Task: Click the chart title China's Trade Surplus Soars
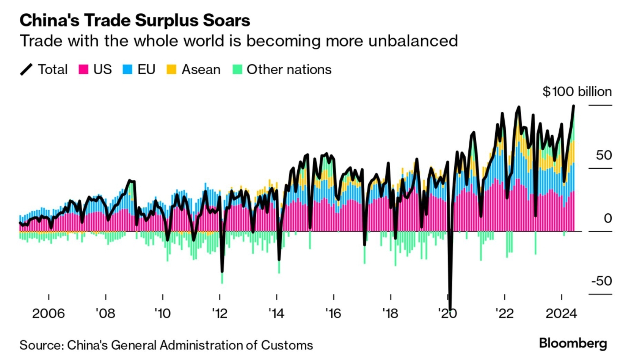[135, 20]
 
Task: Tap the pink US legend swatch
[83, 70]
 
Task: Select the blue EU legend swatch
[128, 70]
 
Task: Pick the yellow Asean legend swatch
[172, 70]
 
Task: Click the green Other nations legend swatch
[237, 70]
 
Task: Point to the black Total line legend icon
[26, 70]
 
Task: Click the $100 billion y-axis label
[577, 92]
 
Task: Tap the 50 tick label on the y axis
[604, 155]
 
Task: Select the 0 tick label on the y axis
[608, 218]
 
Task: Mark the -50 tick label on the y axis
[601, 281]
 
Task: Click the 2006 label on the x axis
[48, 314]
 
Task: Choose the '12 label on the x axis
[220, 314]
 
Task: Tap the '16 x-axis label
[333, 314]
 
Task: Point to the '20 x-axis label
[448, 314]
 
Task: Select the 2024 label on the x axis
[561, 314]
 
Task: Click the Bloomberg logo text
[573, 343]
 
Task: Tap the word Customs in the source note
[287, 345]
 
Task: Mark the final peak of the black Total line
[574, 106]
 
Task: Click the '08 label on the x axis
[105, 314]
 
